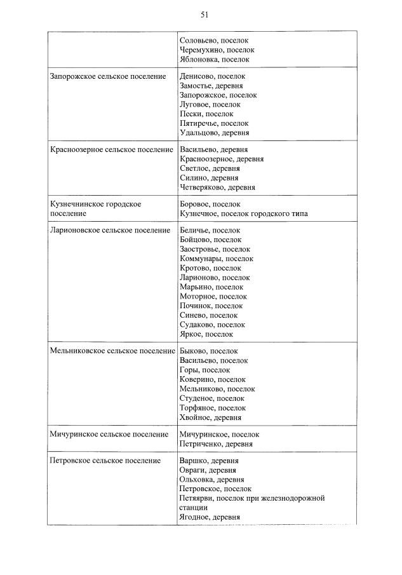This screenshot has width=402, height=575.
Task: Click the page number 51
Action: [x=204, y=15]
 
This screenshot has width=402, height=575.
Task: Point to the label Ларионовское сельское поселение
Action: [x=110, y=230]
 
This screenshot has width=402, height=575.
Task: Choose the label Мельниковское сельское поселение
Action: [x=112, y=351]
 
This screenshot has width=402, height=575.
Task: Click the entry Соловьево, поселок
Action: [x=215, y=40]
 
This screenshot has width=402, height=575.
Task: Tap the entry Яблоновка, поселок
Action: [x=215, y=59]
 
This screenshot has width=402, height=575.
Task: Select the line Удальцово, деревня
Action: [x=215, y=133]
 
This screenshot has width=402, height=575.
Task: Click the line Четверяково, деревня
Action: [x=218, y=187]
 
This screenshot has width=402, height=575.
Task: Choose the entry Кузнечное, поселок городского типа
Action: [x=244, y=213]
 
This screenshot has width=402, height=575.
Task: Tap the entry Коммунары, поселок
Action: [x=217, y=259]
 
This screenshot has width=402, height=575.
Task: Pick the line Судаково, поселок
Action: [x=213, y=325]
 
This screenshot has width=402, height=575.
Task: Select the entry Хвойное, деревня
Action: [x=210, y=417]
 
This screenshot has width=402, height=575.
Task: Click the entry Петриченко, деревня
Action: [x=217, y=444]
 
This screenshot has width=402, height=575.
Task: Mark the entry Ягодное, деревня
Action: [x=210, y=518]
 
